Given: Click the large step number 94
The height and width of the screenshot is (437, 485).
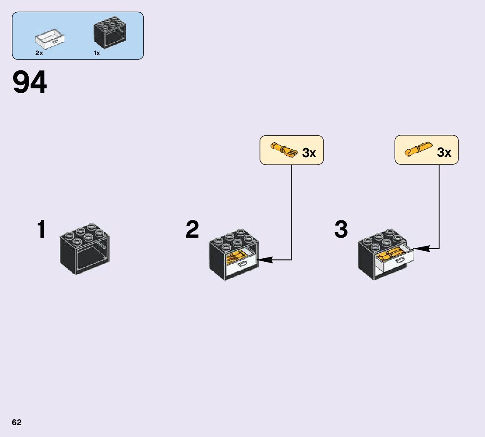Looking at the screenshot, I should pyautogui.click(x=29, y=83).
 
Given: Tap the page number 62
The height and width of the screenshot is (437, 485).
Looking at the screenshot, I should pyautogui.click(x=16, y=423).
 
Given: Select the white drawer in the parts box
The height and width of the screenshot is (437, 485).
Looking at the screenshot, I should pyautogui.click(x=50, y=39).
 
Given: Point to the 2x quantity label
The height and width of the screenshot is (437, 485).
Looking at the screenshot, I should pyautogui.click(x=39, y=53).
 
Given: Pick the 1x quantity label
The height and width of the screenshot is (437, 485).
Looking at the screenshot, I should pyautogui.click(x=97, y=53).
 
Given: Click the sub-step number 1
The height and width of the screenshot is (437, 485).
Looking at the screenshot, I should pyautogui.click(x=41, y=230).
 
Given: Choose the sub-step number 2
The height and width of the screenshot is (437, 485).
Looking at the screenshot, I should pyautogui.click(x=192, y=230).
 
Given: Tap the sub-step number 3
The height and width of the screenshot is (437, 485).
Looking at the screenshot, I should pyautogui.click(x=341, y=230).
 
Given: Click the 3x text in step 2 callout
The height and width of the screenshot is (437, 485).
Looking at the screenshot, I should pyautogui.click(x=309, y=153).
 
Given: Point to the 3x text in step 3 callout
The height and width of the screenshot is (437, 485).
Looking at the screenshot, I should pyautogui.click(x=444, y=153).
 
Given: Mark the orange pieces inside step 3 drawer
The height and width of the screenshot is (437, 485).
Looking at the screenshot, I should pyautogui.click(x=392, y=254).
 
